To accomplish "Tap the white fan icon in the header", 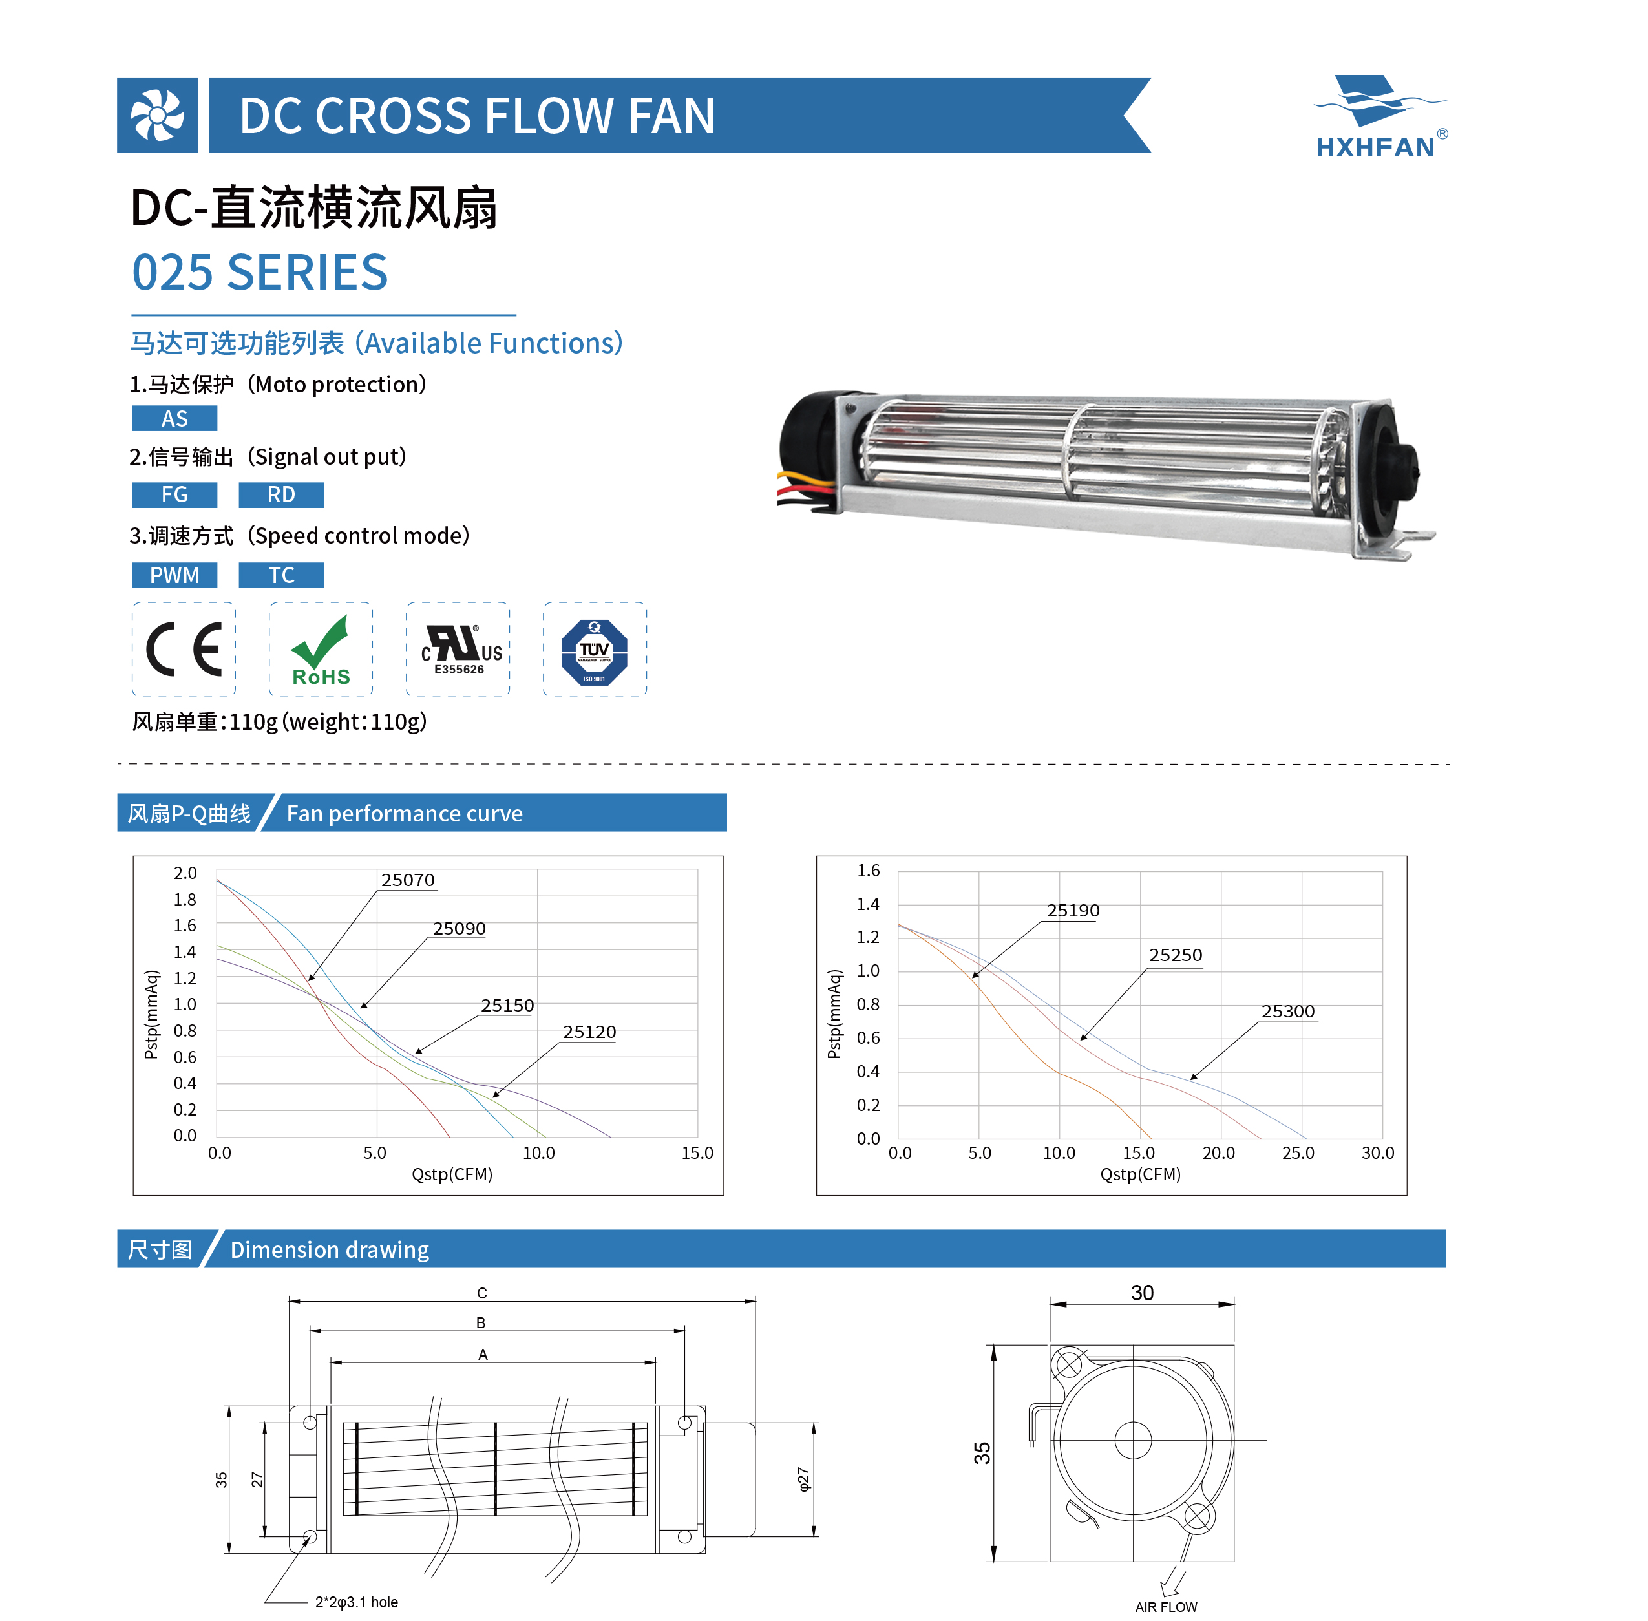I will (x=156, y=115).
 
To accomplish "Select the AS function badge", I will (x=174, y=419).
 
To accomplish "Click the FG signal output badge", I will (x=174, y=494).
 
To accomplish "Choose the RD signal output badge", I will (x=281, y=494).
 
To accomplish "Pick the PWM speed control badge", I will (x=174, y=575).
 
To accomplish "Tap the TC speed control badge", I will (x=281, y=575).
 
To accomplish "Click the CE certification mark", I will (x=184, y=650).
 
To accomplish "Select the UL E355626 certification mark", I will (x=460, y=650).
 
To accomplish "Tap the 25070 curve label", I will (x=408, y=880).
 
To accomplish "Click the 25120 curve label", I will (x=589, y=1032).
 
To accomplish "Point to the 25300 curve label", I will (x=1288, y=1012).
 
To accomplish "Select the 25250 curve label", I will (x=1176, y=955).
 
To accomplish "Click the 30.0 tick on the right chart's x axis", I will (x=1377, y=1153).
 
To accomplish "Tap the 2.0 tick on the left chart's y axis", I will (x=185, y=873).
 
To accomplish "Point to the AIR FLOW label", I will (x=1165, y=1607).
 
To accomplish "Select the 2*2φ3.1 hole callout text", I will (x=357, y=1602).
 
